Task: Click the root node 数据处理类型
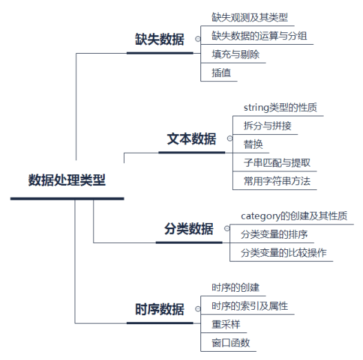click(67, 180)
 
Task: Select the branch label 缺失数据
click(159, 39)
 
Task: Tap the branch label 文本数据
click(191, 138)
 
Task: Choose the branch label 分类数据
click(189, 229)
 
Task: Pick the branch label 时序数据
click(159, 309)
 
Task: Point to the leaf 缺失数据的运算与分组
click(259, 35)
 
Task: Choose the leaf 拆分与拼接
click(267, 125)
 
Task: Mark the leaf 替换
click(253, 144)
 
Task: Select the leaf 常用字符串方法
click(276, 181)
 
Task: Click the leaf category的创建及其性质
click(293, 216)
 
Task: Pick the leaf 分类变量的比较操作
click(282, 253)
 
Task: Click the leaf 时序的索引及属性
click(249, 306)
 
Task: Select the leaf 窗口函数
click(231, 342)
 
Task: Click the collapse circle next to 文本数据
click(230, 138)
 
